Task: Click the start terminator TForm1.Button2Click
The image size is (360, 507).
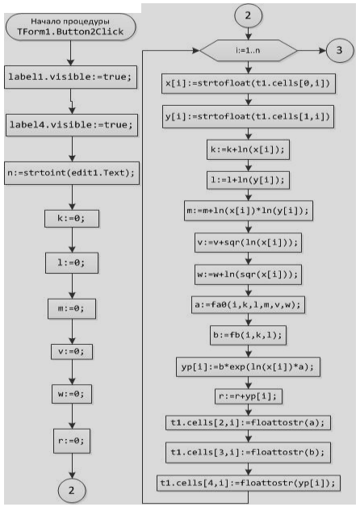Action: (x=70, y=27)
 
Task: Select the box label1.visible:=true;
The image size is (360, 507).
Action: (x=70, y=77)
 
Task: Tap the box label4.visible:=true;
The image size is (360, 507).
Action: (x=71, y=125)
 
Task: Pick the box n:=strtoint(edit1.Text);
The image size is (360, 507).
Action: (x=72, y=173)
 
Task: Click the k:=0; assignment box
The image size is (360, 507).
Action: (x=72, y=219)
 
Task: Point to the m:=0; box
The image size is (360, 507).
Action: (x=72, y=308)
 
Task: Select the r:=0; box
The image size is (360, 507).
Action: (x=72, y=441)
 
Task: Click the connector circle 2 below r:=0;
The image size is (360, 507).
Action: (x=72, y=490)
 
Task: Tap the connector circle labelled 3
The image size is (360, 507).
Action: (x=340, y=50)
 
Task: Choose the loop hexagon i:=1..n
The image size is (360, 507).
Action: (x=248, y=50)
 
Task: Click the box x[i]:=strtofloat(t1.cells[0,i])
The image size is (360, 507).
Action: (x=248, y=83)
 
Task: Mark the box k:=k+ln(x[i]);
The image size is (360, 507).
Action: (x=248, y=149)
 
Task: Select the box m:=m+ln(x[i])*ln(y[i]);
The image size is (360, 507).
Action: (x=248, y=211)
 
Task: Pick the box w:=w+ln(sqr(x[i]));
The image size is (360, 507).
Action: (x=248, y=274)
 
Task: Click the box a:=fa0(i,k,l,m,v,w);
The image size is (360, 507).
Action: (x=248, y=304)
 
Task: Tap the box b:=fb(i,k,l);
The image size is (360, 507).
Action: (x=248, y=335)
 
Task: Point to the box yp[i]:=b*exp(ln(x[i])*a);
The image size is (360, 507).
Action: (x=248, y=367)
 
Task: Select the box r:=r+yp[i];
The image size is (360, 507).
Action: (x=248, y=396)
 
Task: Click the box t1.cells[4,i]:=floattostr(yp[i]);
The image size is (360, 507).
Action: (x=248, y=483)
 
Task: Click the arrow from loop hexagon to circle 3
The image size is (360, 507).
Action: (x=312, y=50)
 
